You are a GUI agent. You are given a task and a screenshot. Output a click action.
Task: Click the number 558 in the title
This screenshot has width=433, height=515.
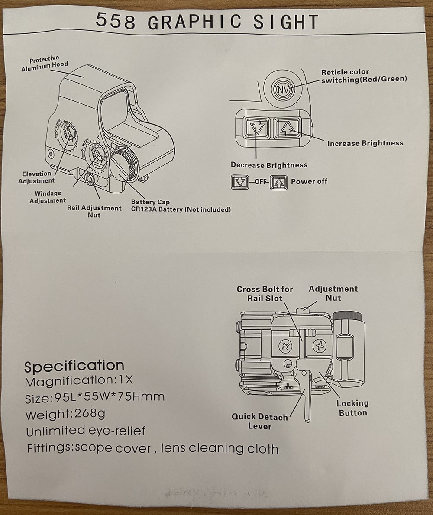(115, 21)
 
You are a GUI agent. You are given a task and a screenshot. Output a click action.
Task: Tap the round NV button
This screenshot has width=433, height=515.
(283, 90)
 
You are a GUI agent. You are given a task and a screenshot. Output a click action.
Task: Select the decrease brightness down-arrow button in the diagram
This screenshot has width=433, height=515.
(256, 128)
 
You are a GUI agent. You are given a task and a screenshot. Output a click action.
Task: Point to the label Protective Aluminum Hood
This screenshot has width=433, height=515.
(44, 64)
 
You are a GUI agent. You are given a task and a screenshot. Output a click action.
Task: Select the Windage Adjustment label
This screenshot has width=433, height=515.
(48, 197)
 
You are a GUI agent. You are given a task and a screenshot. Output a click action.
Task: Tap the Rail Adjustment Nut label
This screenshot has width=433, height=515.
(94, 212)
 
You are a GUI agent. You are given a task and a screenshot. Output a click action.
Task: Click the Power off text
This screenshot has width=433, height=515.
(309, 181)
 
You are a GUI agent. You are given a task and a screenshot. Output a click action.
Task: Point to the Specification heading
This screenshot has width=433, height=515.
(74, 366)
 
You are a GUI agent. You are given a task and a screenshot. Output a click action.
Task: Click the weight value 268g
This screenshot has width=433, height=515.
(90, 414)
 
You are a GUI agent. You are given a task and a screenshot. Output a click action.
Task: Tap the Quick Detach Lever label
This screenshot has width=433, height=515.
(259, 422)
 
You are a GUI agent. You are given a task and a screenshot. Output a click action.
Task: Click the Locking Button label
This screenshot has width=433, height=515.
(352, 408)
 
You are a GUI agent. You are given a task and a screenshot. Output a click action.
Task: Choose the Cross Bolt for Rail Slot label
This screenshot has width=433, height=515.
(265, 293)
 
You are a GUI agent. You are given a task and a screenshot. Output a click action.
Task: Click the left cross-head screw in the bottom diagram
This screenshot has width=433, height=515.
(285, 346)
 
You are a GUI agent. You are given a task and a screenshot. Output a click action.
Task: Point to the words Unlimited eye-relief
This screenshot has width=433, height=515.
(86, 431)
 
